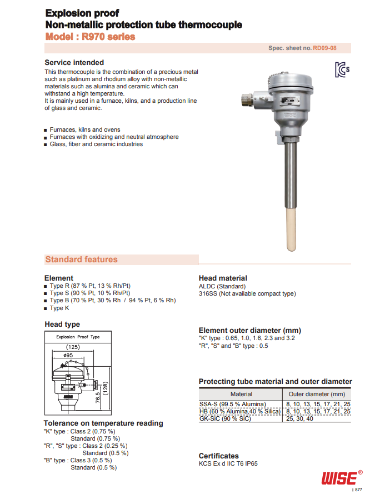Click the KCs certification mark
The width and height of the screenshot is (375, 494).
(342, 70)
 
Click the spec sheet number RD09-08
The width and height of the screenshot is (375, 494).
(324, 48)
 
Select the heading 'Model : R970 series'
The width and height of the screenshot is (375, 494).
(89, 37)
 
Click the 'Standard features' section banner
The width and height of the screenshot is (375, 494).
(82, 260)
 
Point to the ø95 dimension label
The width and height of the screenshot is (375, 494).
(69, 355)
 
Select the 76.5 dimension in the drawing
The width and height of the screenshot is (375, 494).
(97, 398)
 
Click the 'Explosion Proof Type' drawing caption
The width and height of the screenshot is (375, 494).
(78, 337)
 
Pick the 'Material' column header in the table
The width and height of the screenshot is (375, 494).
(241, 394)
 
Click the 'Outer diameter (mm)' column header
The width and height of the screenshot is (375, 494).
(317, 394)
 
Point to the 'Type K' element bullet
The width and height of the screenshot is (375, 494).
(59, 308)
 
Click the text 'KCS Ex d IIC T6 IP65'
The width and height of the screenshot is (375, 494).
(228, 464)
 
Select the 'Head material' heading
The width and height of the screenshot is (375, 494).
(223, 278)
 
